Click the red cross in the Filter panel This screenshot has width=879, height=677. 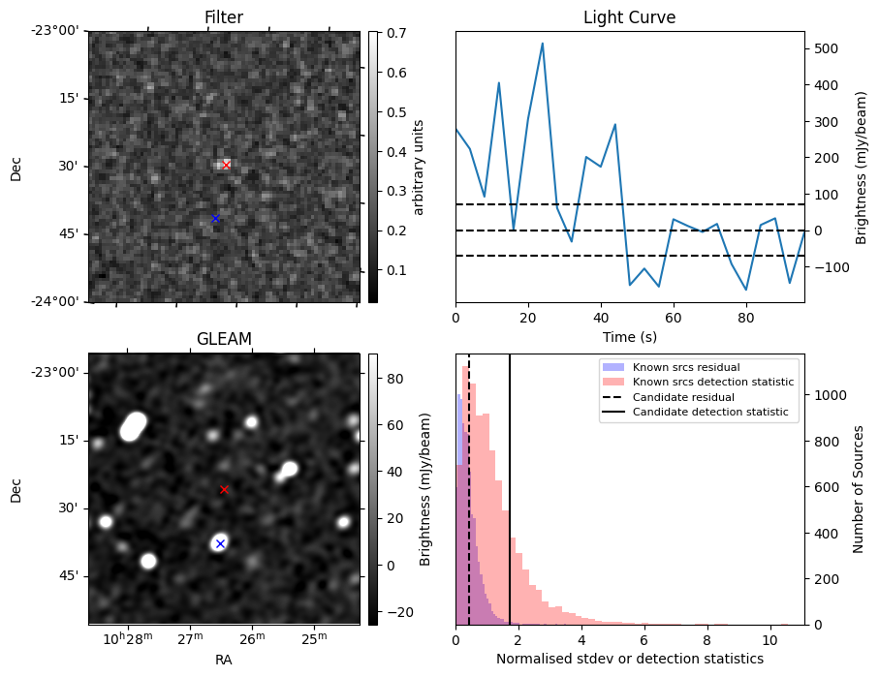(226, 165)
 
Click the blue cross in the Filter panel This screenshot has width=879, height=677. (215, 218)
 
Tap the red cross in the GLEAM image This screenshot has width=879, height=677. (224, 489)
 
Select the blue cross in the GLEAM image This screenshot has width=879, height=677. (220, 543)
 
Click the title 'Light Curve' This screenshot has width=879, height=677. (629, 17)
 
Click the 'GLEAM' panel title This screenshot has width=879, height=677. (224, 339)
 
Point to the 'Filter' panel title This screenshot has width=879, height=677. (224, 17)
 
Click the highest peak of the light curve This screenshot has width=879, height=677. (542, 43)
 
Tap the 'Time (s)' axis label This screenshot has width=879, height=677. (629, 336)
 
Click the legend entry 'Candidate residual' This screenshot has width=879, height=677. (683, 397)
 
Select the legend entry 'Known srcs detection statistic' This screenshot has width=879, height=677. (712, 383)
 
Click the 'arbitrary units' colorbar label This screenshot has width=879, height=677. (419, 167)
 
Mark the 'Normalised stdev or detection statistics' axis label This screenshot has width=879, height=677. (629, 659)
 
